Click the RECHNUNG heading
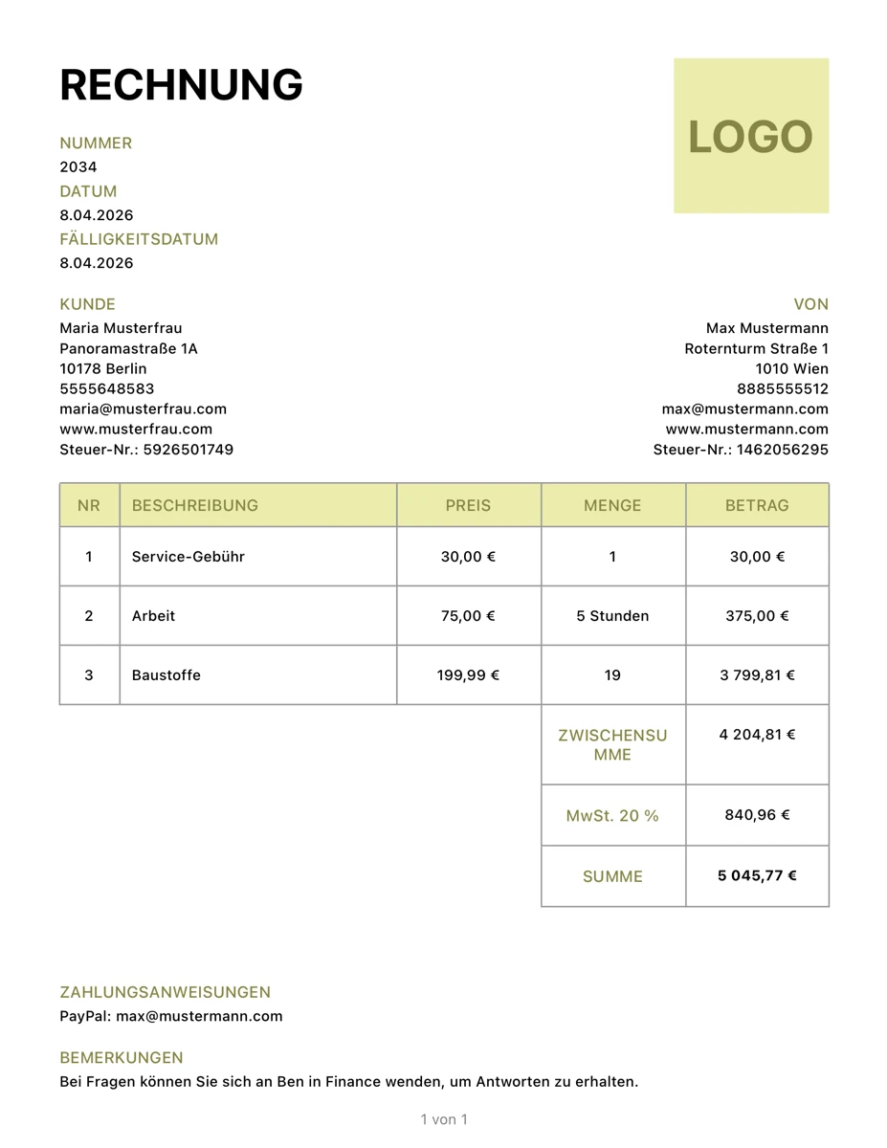181,85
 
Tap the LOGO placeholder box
751,136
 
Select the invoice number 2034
78,167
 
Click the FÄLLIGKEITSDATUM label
139,239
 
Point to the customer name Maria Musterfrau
121,328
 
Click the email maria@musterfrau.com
143,408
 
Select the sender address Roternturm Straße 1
756,348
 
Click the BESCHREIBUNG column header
195,505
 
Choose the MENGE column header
612,505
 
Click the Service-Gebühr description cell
188,557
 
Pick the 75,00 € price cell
468,616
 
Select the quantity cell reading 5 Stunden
612,616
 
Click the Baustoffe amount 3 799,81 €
757,675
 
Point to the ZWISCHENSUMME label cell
612,744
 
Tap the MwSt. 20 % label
612,816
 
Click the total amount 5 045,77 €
757,875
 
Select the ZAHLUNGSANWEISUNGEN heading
165,992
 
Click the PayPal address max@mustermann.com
199,1016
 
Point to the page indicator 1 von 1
444,1119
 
